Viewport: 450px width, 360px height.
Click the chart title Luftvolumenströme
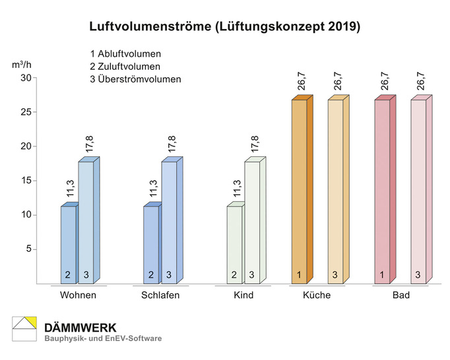point(225,27)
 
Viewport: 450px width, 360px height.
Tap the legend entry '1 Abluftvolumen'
point(126,53)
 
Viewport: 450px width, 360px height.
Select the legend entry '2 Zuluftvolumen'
point(125,67)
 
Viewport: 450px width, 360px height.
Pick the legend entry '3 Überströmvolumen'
point(135,80)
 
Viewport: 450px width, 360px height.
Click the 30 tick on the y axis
point(26,78)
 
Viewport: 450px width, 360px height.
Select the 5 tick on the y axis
point(28,249)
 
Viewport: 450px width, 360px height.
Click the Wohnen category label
point(78,295)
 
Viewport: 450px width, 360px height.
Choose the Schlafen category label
point(160,295)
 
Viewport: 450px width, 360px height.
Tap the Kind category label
point(243,295)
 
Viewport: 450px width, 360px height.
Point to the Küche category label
point(317,295)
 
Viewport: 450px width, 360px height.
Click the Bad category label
point(401,295)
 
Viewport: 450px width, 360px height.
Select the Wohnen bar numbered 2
point(69,245)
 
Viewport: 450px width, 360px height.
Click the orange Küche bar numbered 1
point(300,191)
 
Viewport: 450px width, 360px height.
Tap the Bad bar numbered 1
point(382,191)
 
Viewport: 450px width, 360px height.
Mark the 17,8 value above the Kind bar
point(255,144)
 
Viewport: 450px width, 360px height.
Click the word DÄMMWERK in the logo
point(80,327)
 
